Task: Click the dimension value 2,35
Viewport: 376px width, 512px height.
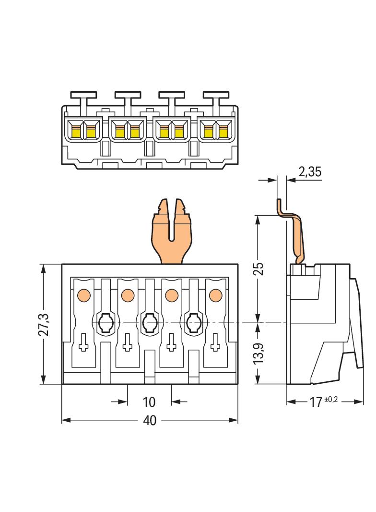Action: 310,172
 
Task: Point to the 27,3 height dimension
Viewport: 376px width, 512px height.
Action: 44,325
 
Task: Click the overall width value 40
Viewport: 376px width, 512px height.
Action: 150,420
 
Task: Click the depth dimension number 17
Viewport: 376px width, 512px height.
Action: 315,402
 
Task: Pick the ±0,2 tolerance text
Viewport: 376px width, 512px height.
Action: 331,399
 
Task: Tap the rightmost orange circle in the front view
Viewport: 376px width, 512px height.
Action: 215,293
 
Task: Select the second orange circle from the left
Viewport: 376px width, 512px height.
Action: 127,293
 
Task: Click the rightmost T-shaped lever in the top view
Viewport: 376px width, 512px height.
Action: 216,97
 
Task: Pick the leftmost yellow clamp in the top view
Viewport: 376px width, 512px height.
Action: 76,130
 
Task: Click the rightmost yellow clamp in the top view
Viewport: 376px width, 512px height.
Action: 223,130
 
